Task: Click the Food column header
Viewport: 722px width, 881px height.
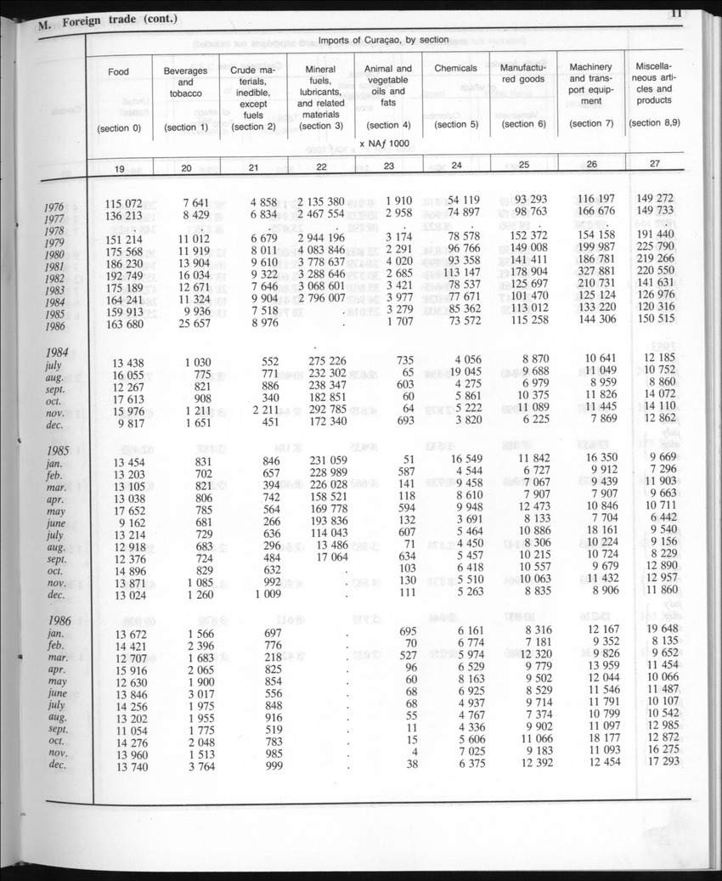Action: [x=119, y=72]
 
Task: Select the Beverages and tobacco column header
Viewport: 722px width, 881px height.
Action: [x=186, y=82]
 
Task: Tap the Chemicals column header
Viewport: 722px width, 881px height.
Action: [x=455, y=68]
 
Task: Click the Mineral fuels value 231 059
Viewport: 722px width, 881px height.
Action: [x=320, y=461]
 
